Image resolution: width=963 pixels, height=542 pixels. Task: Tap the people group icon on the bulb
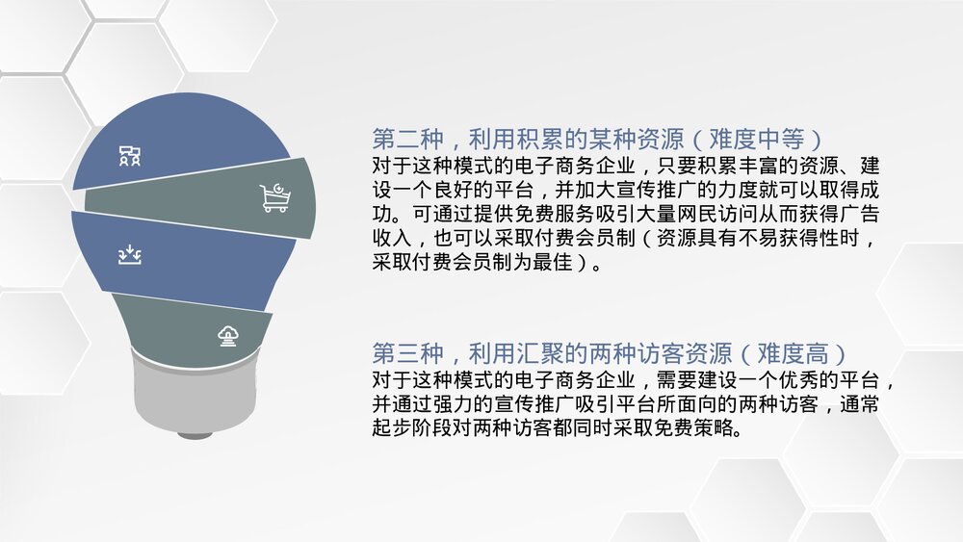pyautogui.click(x=130, y=155)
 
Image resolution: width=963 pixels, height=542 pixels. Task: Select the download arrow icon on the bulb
pyautogui.click(x=130, y=254)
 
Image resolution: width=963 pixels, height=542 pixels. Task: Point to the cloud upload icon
pyautogui.click(x=228, y=335)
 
